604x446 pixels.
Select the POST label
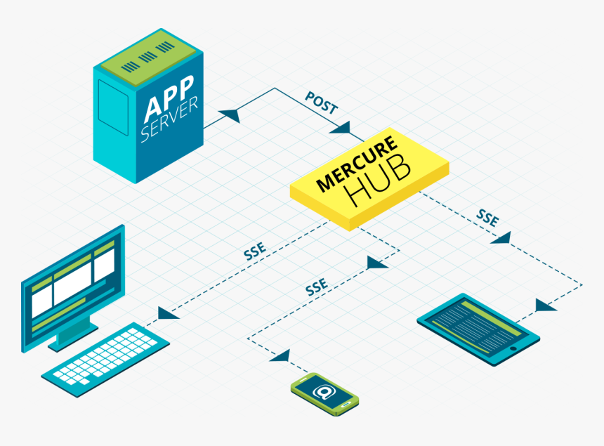tap(321, 103)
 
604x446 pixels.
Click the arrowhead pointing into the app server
tap(228, 114)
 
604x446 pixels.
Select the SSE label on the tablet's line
tap(487, 216)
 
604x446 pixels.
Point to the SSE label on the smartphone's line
tap(316, 287)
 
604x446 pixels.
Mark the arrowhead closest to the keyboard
tap(167, 313)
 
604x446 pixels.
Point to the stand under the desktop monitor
tap(70, 335)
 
